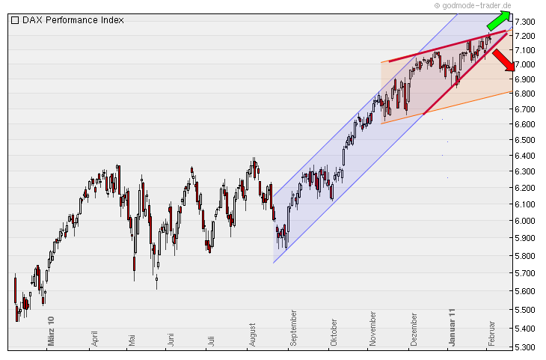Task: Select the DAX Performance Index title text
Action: click(x=73, y=20)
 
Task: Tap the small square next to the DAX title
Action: click(x=15, y=20)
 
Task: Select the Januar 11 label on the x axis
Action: click(x=453, y=326)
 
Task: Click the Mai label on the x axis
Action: click(x=132, y=338)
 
